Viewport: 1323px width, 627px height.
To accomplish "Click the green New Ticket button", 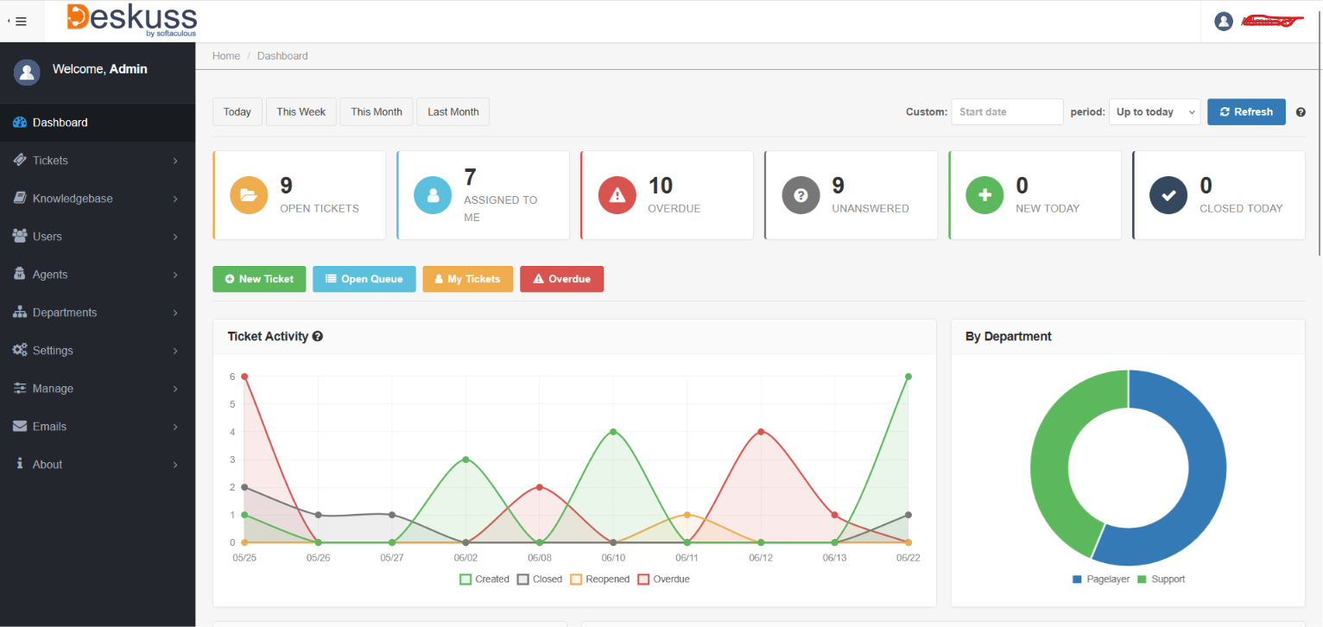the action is click(259, 279).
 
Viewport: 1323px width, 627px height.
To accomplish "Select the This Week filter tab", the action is click(301, 111).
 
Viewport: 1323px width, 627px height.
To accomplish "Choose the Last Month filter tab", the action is click(453, 111).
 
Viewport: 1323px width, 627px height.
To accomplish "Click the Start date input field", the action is click(1007, 111).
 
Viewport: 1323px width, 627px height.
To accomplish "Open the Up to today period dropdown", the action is click(1155, 111).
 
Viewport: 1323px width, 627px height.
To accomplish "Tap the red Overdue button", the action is click(561, 279).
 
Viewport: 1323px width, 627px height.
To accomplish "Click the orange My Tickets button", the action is click(468, 279).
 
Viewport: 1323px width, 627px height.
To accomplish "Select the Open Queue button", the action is click(364, 279).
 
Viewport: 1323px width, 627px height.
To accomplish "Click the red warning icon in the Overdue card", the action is click(617, 195).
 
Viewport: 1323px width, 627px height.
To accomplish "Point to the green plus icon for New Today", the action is click(984, 195).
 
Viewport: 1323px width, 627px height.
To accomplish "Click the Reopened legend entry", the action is click(600, 579).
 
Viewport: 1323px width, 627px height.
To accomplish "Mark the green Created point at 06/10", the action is click(613, 432).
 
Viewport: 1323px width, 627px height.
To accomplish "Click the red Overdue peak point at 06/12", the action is click(761, 432).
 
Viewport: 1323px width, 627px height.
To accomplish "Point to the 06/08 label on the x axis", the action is click(539, 557).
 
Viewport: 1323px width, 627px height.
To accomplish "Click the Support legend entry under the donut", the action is click(1162, 579).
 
